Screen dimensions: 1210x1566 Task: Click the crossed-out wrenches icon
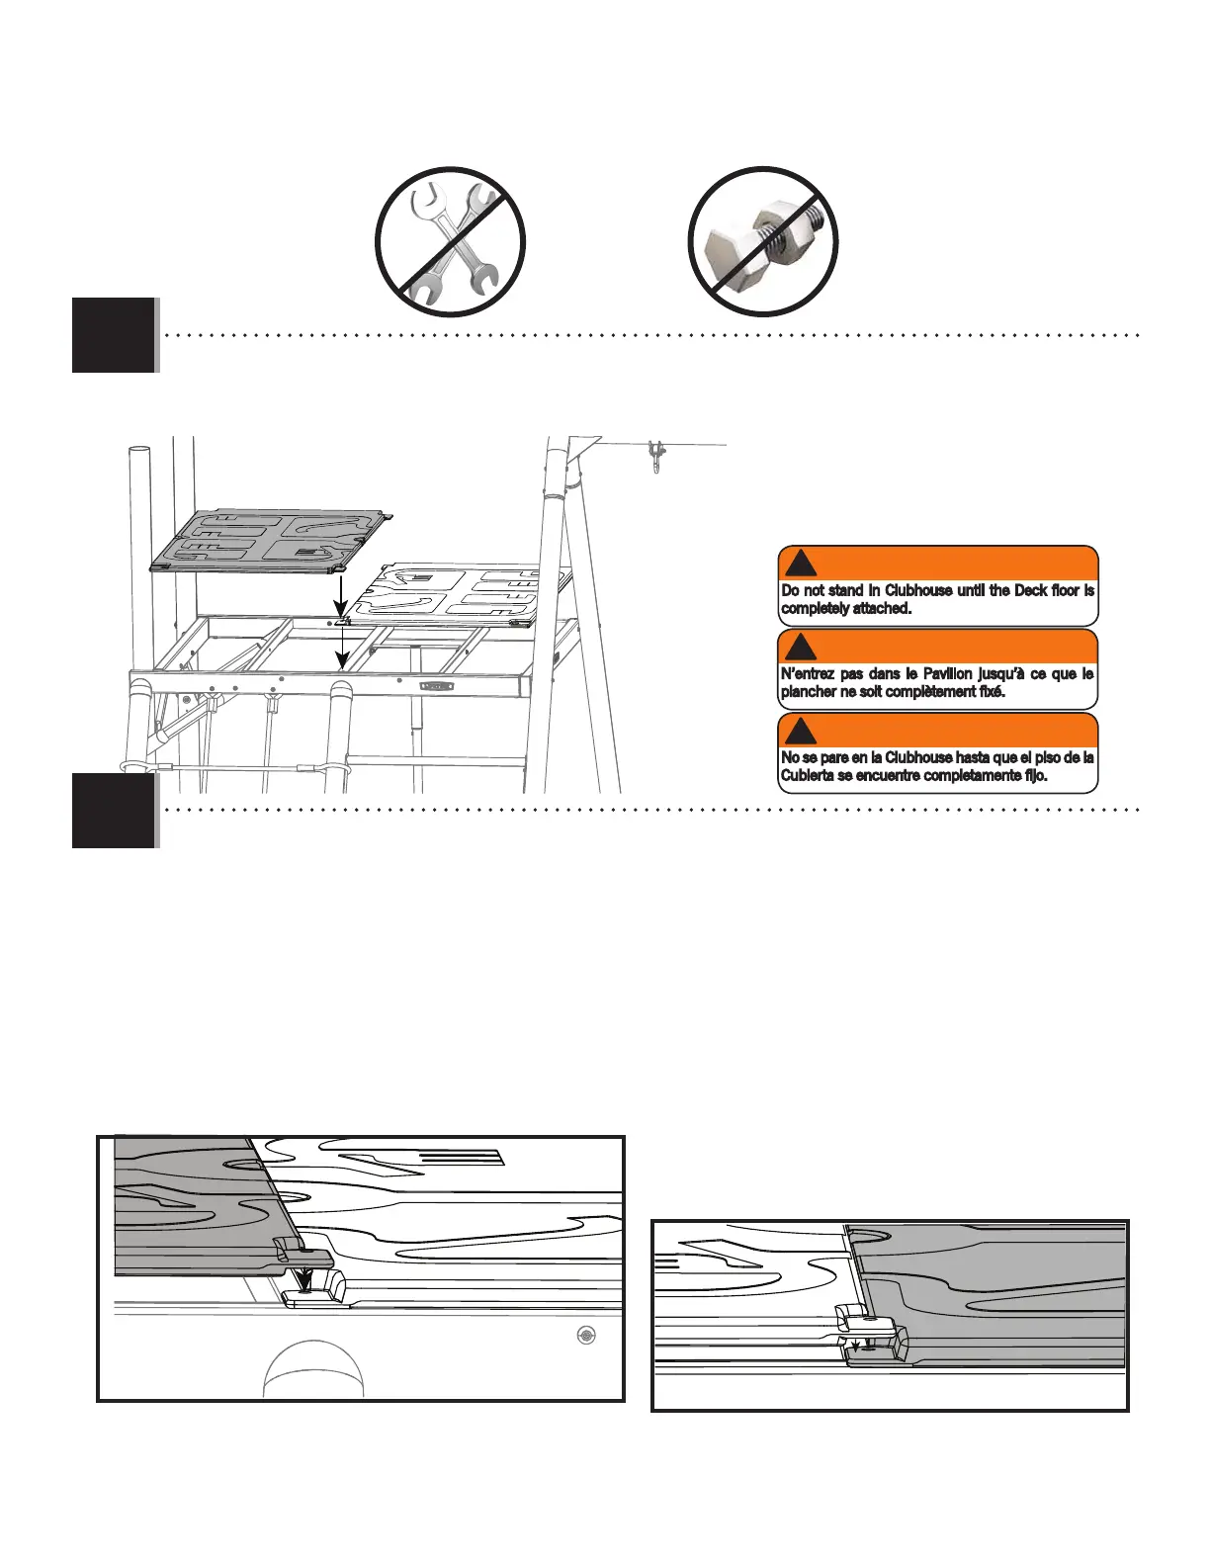click(450, 242)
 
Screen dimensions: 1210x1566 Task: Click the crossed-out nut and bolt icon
click(763, 242)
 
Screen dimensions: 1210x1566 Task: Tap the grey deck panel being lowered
click(267, 541)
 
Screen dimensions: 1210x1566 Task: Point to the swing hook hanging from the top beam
click(654, 458)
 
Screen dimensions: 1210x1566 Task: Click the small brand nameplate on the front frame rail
click(437, 684)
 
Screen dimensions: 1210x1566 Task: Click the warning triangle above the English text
click(801, 564)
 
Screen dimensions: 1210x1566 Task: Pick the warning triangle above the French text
click(801, 648)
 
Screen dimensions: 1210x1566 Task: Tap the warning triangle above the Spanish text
click(801, 732)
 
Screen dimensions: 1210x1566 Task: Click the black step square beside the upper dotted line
click(113, 334)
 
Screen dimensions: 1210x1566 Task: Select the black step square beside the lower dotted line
click(113, 810)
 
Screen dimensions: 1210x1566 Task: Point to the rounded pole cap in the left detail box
click(313, 1369)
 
